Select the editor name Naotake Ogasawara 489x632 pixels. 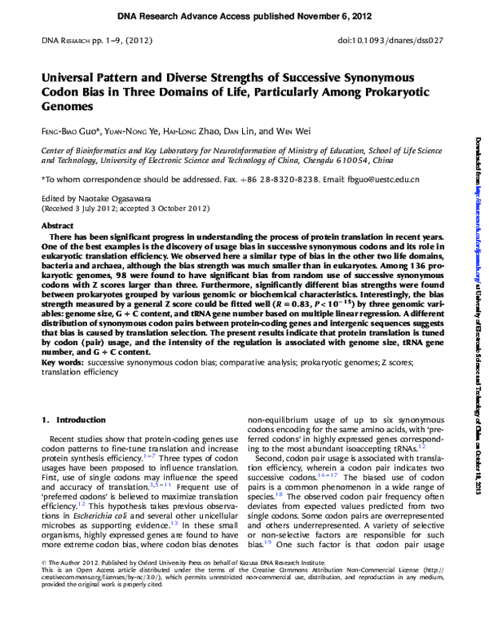tap(112, 198)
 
